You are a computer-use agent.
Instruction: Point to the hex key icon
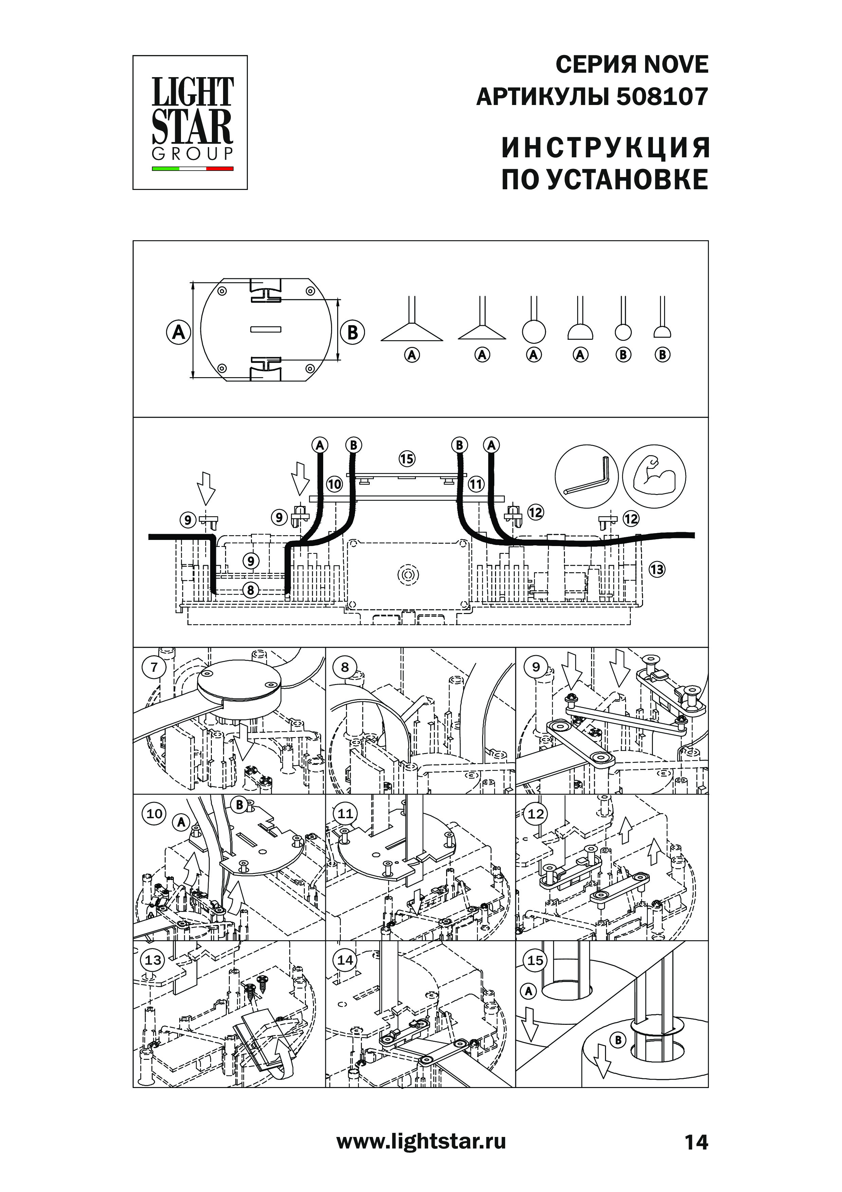586,476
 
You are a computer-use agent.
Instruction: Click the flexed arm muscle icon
654,476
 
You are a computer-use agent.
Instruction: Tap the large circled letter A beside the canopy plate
179,332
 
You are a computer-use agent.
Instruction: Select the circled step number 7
154,667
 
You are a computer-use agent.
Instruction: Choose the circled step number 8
345,667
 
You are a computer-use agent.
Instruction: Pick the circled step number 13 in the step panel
153,960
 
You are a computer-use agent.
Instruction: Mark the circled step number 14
345,960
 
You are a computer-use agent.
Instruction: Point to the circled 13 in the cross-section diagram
657,569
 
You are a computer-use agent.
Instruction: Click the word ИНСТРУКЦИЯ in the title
605,148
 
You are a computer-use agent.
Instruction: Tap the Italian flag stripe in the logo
193,169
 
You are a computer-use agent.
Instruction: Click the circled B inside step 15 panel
618,1040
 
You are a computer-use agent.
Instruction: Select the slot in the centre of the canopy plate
266,329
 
